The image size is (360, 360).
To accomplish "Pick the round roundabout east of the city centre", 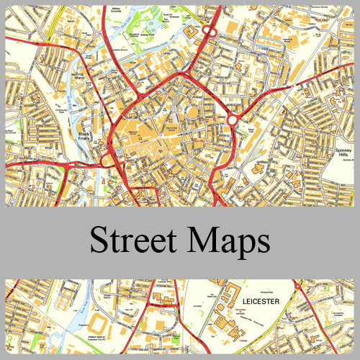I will (233, 120).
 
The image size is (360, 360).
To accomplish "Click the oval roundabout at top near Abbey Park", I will (209, 31).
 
